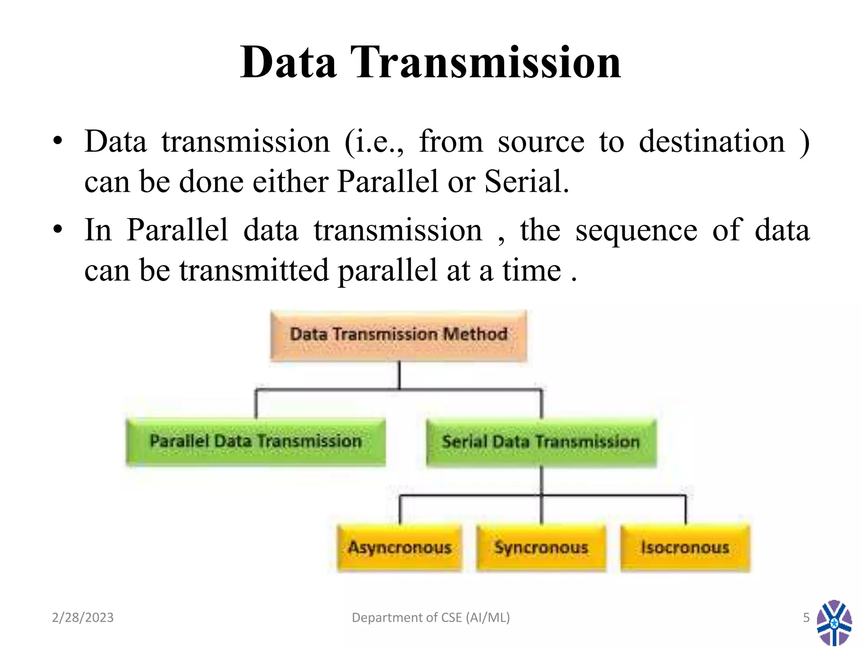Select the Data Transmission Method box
(399, 335)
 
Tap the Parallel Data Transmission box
(256, 441)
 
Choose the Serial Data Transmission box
(541, 442)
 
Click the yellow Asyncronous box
(399, 547)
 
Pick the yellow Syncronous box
(541, 547)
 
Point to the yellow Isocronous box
(685, 547)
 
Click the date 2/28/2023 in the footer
(82, 618)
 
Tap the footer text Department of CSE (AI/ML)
(431, 618)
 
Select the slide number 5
(806, 618)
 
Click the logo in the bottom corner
(834, 623)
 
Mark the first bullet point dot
(58, 141)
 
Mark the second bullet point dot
(58, 230)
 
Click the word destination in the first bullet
(712, 142)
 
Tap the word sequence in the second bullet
(636, 231)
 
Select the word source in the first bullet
(541, 142)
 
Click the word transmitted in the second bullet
(254, 270)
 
